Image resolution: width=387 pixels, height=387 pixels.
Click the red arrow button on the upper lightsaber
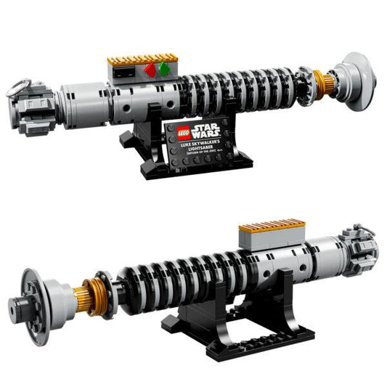[150, 70]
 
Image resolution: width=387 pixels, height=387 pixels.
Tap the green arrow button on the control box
[165, 70]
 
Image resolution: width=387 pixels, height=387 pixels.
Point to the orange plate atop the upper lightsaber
[142, 58]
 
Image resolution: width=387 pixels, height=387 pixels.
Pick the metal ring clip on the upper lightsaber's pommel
[20, 86]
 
